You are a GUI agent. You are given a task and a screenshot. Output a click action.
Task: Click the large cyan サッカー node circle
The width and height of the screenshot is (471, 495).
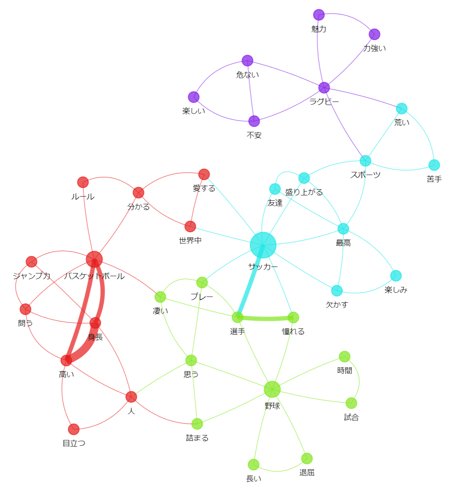pyautogui.click(x=263, y=245)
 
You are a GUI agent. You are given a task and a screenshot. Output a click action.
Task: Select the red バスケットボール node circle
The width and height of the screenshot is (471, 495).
pyautogui.click(x=94, y=259)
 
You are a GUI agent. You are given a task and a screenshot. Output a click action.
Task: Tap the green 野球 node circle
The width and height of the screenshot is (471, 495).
pyautogui.click(x=272, y=389)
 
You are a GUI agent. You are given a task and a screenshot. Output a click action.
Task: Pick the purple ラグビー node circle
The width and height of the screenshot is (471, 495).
pyautogui.click(x=324, y=88)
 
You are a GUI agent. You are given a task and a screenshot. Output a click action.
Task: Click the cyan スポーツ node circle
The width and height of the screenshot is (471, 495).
pyautogui.click(x=365, y=161)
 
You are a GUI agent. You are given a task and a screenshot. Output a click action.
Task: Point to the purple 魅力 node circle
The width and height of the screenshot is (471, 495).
pyautogui.click(x=319, y=15)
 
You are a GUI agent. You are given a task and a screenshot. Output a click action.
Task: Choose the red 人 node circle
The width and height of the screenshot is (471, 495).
pyautogui.click(x=131, y=397)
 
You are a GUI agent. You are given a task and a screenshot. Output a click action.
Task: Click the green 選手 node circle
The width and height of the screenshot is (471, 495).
pyautogui.click(x=237, y=317)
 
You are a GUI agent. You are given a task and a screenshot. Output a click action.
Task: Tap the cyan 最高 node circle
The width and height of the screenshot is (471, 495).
pyautogui.click(x=343, y=228)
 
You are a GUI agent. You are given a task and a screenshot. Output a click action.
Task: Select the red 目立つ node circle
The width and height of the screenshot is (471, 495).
pyautogui.click(x=74, y=429)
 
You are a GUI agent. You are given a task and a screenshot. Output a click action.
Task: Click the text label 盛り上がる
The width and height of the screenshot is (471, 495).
pyautogui.click(x=304, y=192)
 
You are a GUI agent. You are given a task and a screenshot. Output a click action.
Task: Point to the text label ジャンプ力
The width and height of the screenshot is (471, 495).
pyautogui.click(x=32, y=276)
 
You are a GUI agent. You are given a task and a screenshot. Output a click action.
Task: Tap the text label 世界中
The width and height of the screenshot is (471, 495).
pyautogui.click(x=190, y=241)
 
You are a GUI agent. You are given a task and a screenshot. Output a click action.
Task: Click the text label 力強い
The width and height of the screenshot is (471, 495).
pyautogui.click(x=374, y=48)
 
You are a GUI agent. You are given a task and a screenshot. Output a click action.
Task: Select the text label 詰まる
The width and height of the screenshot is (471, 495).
pyautogui.click(x=197, y=438)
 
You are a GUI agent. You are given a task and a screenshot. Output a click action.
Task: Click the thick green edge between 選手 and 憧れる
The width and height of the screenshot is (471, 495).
pyautogui.click(x=265, y=319)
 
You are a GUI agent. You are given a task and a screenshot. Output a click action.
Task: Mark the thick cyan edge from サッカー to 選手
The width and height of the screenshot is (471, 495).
pyautogui.click(x=250, y=281)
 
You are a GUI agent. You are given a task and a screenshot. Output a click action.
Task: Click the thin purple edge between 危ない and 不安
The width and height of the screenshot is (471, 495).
pyautogui.click(x=251, y=91)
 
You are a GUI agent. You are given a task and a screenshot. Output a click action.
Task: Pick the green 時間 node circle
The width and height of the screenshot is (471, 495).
pyautogui.click(x=345, y=357)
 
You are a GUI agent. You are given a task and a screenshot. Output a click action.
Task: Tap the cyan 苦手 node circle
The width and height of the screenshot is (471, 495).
pyautogui.click(x=434, y=165)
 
